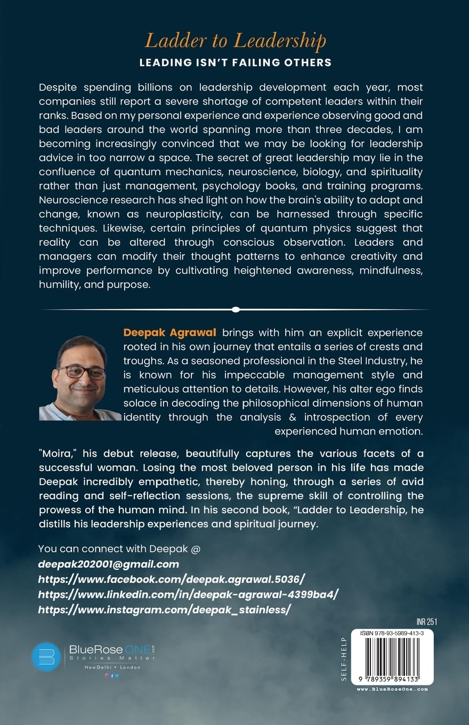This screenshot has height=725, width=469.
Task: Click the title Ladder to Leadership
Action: pos(236,41)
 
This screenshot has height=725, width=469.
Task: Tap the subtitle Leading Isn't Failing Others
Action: pos(235,63)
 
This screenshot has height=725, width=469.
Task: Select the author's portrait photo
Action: pos(80,378)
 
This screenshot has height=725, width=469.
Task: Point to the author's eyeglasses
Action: pos(81,372)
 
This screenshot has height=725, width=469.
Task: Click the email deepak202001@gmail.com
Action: pos(109,563)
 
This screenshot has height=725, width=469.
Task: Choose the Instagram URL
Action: pos(165,609)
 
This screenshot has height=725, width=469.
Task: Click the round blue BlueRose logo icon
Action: pos(46,656)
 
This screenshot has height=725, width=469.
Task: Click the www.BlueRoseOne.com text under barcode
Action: pos(392,689)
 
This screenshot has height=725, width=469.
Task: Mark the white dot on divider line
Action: pos(236,309)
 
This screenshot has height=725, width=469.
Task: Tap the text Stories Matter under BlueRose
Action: pos(112,658)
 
